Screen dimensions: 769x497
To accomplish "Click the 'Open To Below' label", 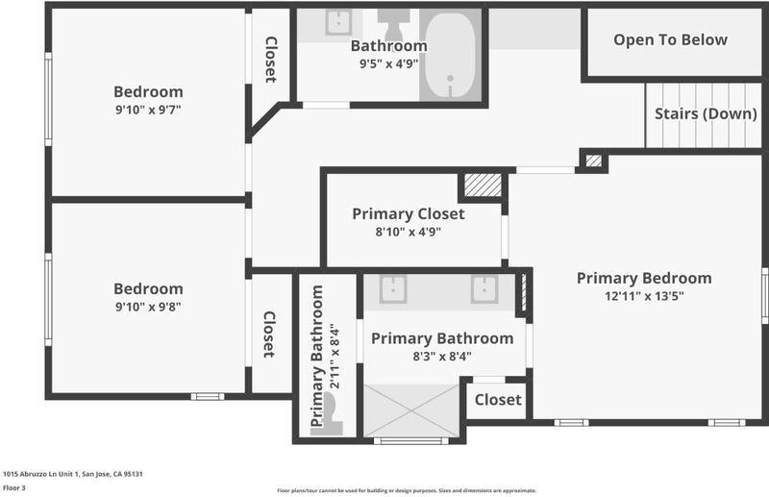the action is click(670, 39).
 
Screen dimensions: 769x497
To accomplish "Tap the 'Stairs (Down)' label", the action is click(706, 113).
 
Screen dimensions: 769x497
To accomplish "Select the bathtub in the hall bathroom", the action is click(450, 56).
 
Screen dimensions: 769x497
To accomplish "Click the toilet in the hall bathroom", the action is click(393, 24).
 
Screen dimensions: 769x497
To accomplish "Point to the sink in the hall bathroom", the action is click(338, 22).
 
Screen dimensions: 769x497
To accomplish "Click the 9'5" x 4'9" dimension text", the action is click(388, 63).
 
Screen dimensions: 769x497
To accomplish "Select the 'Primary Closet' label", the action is click(408, 214).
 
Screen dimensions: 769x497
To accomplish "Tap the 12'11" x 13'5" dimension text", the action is click(644, 296).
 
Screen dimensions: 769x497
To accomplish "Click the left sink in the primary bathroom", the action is click(393, 289).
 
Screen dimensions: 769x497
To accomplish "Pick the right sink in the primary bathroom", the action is click(484, 289).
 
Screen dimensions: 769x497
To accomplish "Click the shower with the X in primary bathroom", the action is click(411, 410).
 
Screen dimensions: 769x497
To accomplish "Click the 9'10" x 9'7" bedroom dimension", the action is click(148, 110).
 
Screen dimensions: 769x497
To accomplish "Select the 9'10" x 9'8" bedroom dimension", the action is click(148, 307).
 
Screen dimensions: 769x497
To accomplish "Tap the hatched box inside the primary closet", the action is click(483, 185).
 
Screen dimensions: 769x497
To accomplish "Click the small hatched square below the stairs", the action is click(593, 161).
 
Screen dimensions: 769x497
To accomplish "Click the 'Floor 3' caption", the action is click(13, 487).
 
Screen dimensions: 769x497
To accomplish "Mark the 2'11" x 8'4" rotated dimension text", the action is click(335, 357).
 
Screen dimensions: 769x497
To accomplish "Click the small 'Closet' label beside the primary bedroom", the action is click(498, 400).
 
